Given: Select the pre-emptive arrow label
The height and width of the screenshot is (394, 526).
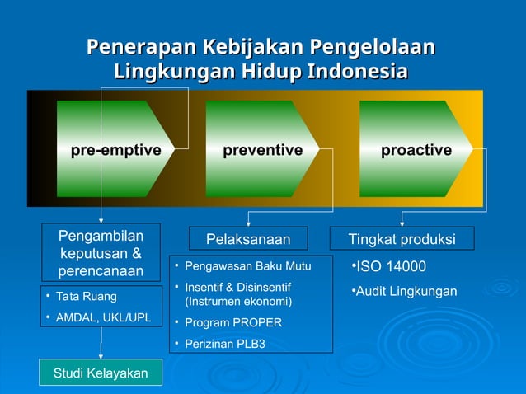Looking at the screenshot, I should [115, 150].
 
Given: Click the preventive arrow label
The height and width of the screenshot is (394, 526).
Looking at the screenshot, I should [262, 150].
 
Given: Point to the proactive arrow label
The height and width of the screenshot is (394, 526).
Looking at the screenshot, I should [416, 150].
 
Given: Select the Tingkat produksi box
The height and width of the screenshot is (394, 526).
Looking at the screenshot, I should [402, 239].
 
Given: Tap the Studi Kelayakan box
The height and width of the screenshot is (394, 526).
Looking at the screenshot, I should [101, 373].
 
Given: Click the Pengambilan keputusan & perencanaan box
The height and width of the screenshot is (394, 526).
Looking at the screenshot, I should [100, 254].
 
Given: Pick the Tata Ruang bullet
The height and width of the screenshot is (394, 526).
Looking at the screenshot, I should [86, 296].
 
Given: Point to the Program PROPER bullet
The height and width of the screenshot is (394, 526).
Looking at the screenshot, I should [232, 322].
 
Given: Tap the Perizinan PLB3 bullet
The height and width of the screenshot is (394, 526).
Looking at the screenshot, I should [224, 344].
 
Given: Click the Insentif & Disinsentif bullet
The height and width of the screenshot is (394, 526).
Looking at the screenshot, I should [237, 294].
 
